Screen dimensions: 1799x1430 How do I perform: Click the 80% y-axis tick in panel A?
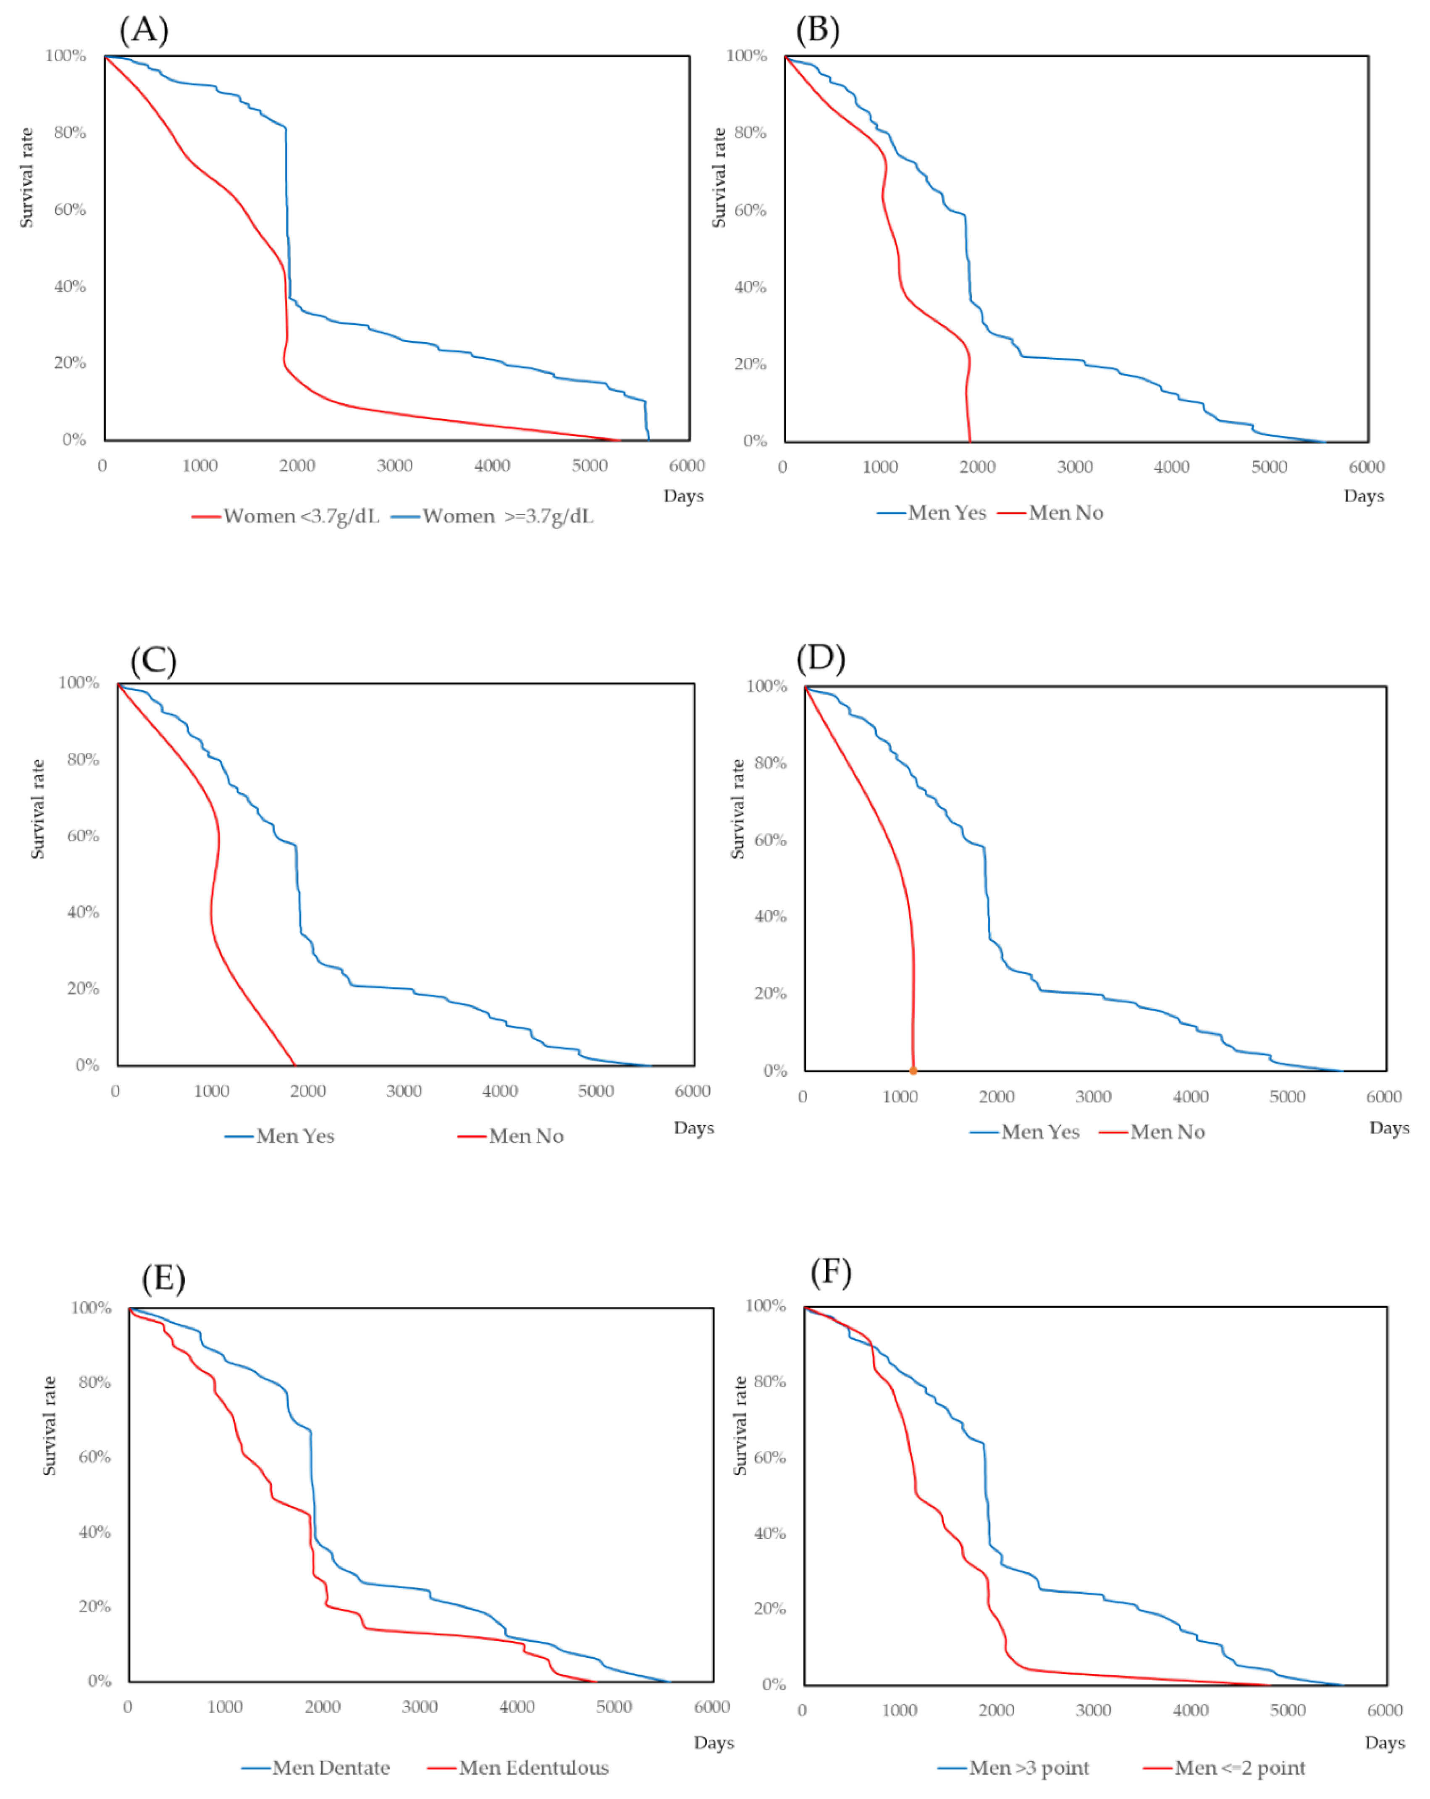(x=70, y=133)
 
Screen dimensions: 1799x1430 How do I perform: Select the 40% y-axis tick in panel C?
(x=84, y=912)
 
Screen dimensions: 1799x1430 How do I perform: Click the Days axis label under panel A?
(x=683, y=496)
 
